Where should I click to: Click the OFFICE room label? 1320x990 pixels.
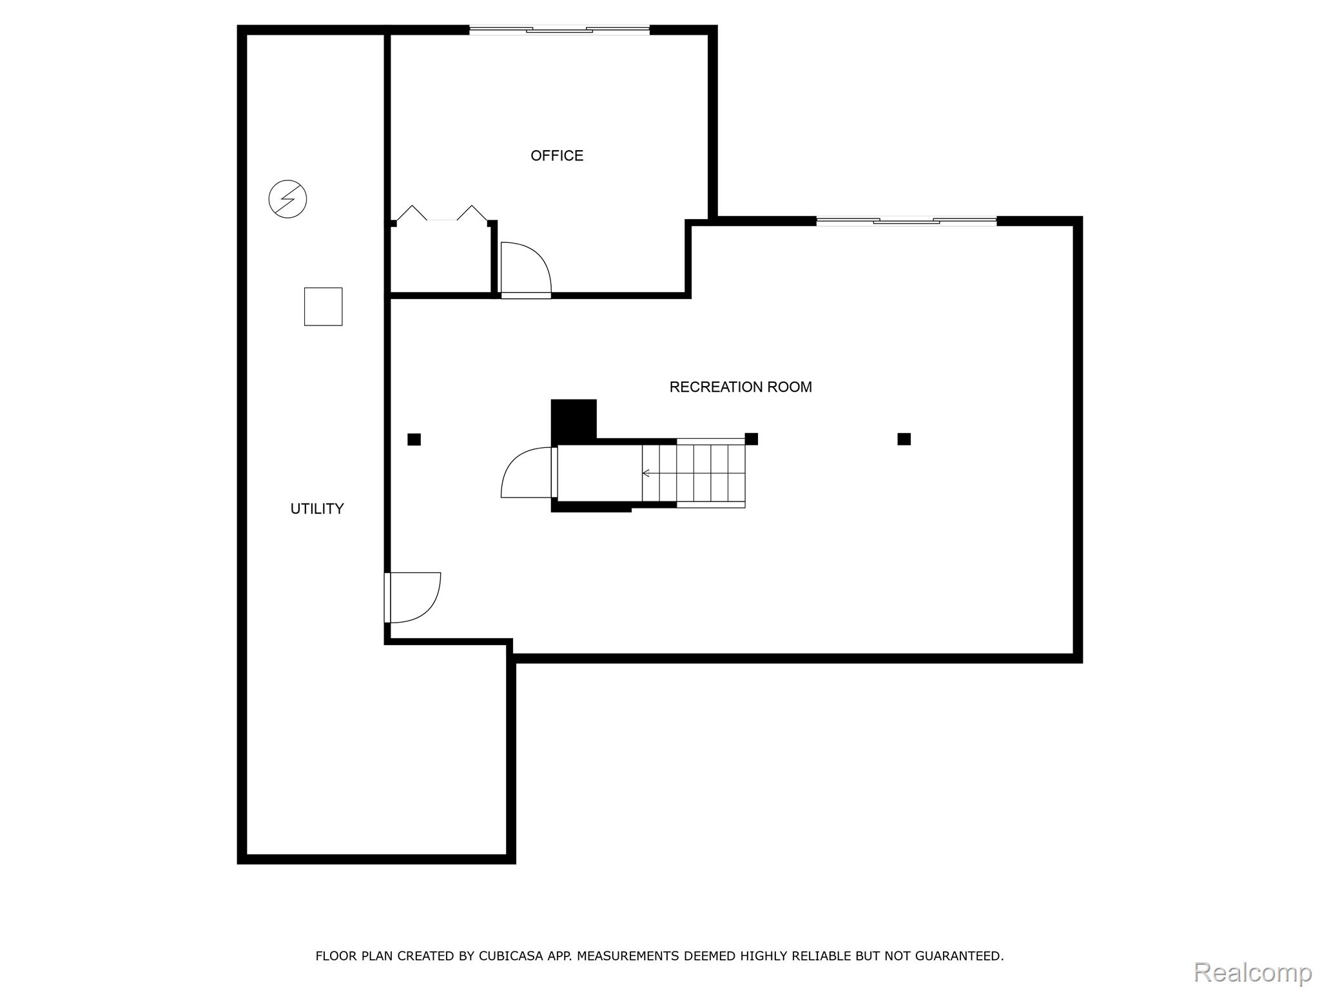[557, 155]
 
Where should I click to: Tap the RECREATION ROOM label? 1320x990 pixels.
[740, 387]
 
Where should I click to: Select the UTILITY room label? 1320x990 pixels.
[316, 509]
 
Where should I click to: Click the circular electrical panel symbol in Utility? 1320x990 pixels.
[287, 199]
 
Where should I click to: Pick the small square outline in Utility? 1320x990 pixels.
[323, 306]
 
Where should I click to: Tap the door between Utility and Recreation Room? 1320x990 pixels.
[412, 597]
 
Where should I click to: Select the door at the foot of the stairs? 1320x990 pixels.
[527, 472]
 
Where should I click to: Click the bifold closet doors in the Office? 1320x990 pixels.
[442, 215]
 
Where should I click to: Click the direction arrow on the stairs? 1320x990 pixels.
[646, 473]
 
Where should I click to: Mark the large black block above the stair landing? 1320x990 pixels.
[573, 420]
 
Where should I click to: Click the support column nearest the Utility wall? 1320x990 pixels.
[414, 440]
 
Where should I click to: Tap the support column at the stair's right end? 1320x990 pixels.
[751, 439]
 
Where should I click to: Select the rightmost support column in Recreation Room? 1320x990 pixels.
[904, 439]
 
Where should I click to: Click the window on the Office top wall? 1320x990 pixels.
[559, 30]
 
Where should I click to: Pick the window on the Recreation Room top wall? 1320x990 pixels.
[906, 221]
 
